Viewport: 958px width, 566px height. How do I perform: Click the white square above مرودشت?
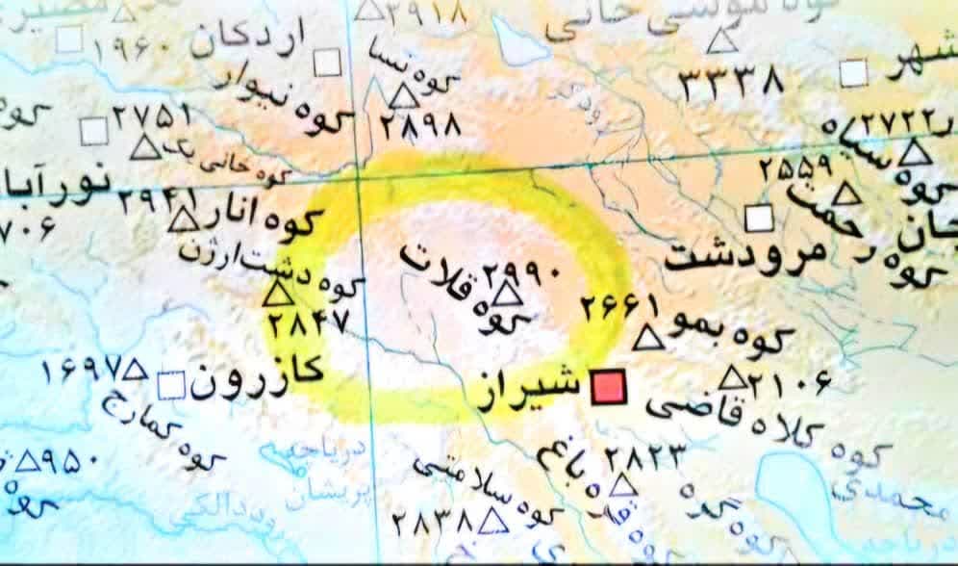point(761,219)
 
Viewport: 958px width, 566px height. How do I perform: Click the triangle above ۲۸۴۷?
point(277,295)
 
